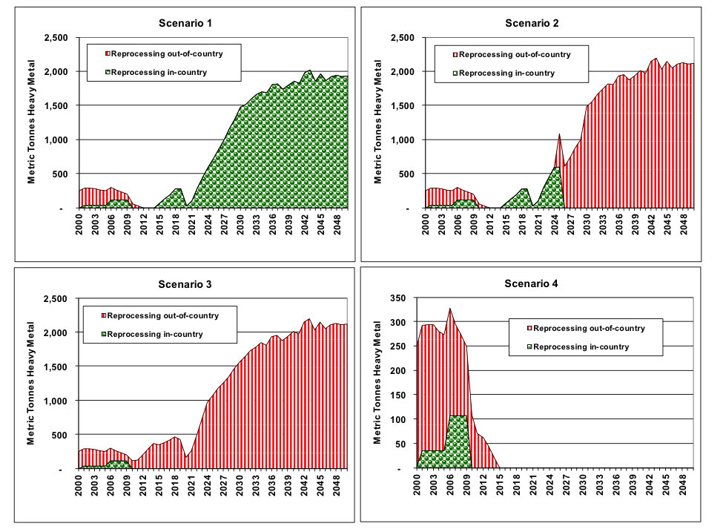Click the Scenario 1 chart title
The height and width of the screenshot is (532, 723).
(185, 23)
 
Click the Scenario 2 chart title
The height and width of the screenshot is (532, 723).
(532, 23)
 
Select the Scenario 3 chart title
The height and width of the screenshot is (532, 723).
(185, 284)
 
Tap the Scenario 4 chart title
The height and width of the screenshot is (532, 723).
(532, 284)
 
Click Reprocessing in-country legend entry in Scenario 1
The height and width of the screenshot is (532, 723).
(158, 72)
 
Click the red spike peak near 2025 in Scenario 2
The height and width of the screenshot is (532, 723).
(559, 135)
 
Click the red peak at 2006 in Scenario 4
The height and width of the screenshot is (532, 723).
(449, 309)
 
